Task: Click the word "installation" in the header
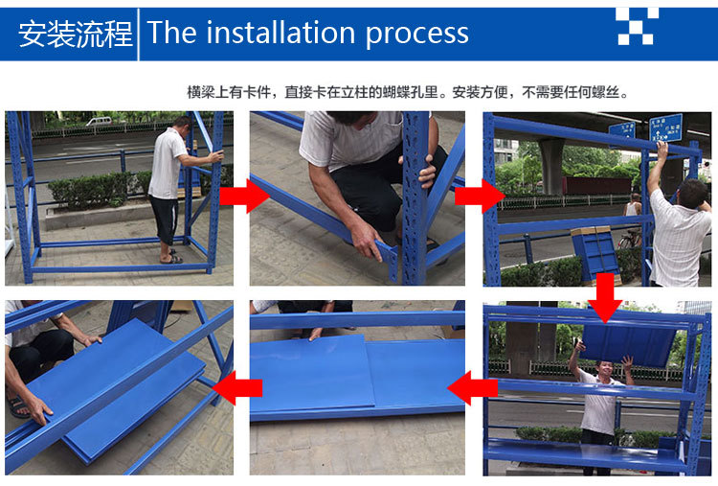tap(280, 33)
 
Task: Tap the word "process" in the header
tap(416, 35)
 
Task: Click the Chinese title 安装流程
tap(75, 34)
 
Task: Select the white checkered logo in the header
tap(637, 26)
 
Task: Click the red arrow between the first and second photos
tap(244, 196)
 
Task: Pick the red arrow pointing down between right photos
tap(605, 298)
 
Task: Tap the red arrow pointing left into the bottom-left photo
tap(236, 388)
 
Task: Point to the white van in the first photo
tap(99, 121)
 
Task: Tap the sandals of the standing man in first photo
tap(171, 258)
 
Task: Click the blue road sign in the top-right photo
tap(665, 127)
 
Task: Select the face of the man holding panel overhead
tap(604, 368)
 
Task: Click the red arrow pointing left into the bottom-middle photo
tap(472, 388)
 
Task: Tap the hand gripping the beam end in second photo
tap(370, 242)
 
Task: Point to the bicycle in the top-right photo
tap(630, 238)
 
